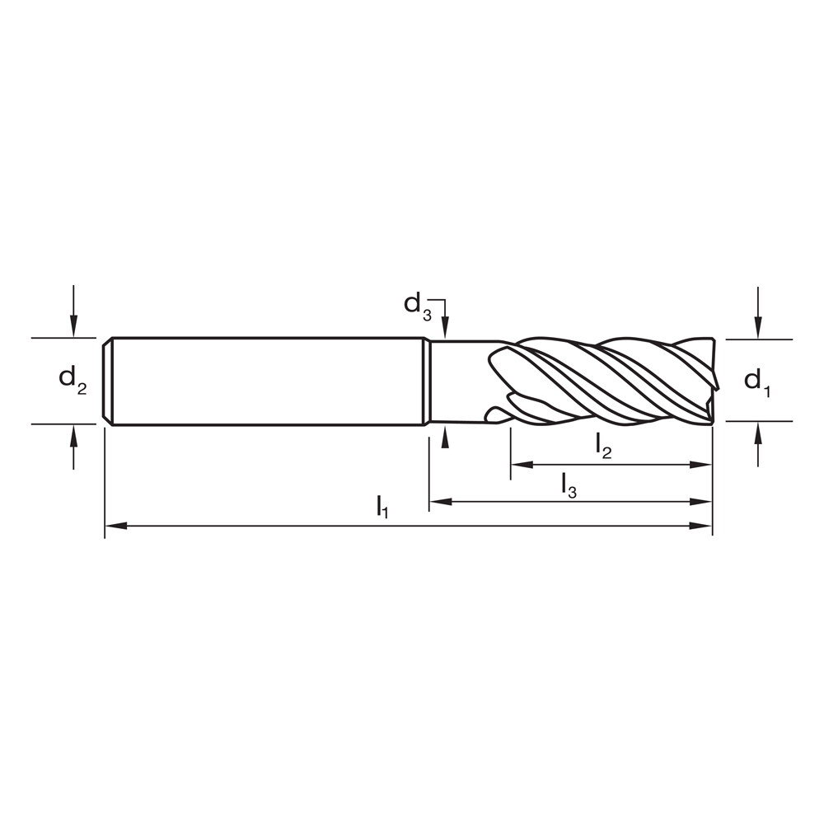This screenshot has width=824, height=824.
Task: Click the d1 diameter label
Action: pos(756,381)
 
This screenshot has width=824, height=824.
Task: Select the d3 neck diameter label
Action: pos(417,305)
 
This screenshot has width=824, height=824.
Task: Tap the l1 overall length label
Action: pos(382,507)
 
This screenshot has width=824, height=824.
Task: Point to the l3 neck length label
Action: pos(569,485)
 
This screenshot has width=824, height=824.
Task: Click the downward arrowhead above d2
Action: pos(73,329)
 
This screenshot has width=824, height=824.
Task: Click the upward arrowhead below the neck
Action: pos(445,436)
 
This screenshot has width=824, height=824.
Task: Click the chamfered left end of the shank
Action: pos(107,381)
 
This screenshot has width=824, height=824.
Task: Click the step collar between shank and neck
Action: pos(426,381)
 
